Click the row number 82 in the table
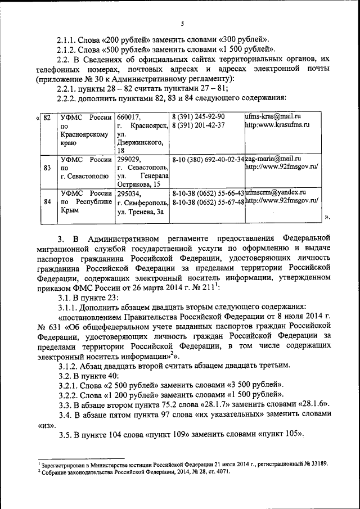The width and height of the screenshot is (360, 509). point(47,117)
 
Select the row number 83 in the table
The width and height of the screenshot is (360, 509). point(47,168)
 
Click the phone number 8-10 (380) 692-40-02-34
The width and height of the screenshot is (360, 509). point(208,159)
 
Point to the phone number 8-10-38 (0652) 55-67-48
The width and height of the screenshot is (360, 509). point(208,202)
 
